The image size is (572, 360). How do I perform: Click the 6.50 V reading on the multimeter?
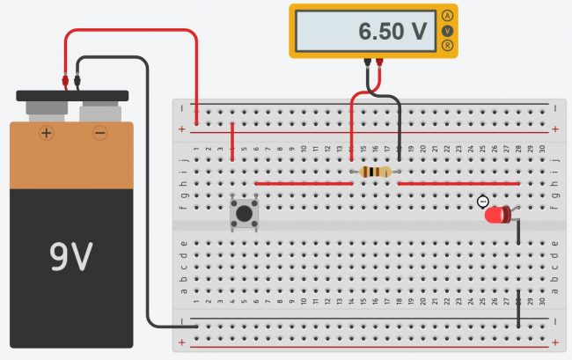[x=392, y=33]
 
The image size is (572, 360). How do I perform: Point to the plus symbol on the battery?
[x=46, y=133]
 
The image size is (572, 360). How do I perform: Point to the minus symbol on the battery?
[x=99, y=133]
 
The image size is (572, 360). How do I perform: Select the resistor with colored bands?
[x=376, y=172]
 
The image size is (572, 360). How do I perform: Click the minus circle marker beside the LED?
[x=483, y=201]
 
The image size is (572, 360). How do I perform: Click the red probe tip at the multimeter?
[x=379, y=62]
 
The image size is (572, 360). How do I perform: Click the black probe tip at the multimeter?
[x=366, y=62]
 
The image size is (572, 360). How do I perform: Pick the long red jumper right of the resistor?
[x=458, y=183]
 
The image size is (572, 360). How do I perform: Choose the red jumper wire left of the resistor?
[x=303, y=183]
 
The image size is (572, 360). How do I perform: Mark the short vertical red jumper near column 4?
[x=231, y=142]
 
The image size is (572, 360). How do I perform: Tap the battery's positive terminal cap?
[x=46, y=110]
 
